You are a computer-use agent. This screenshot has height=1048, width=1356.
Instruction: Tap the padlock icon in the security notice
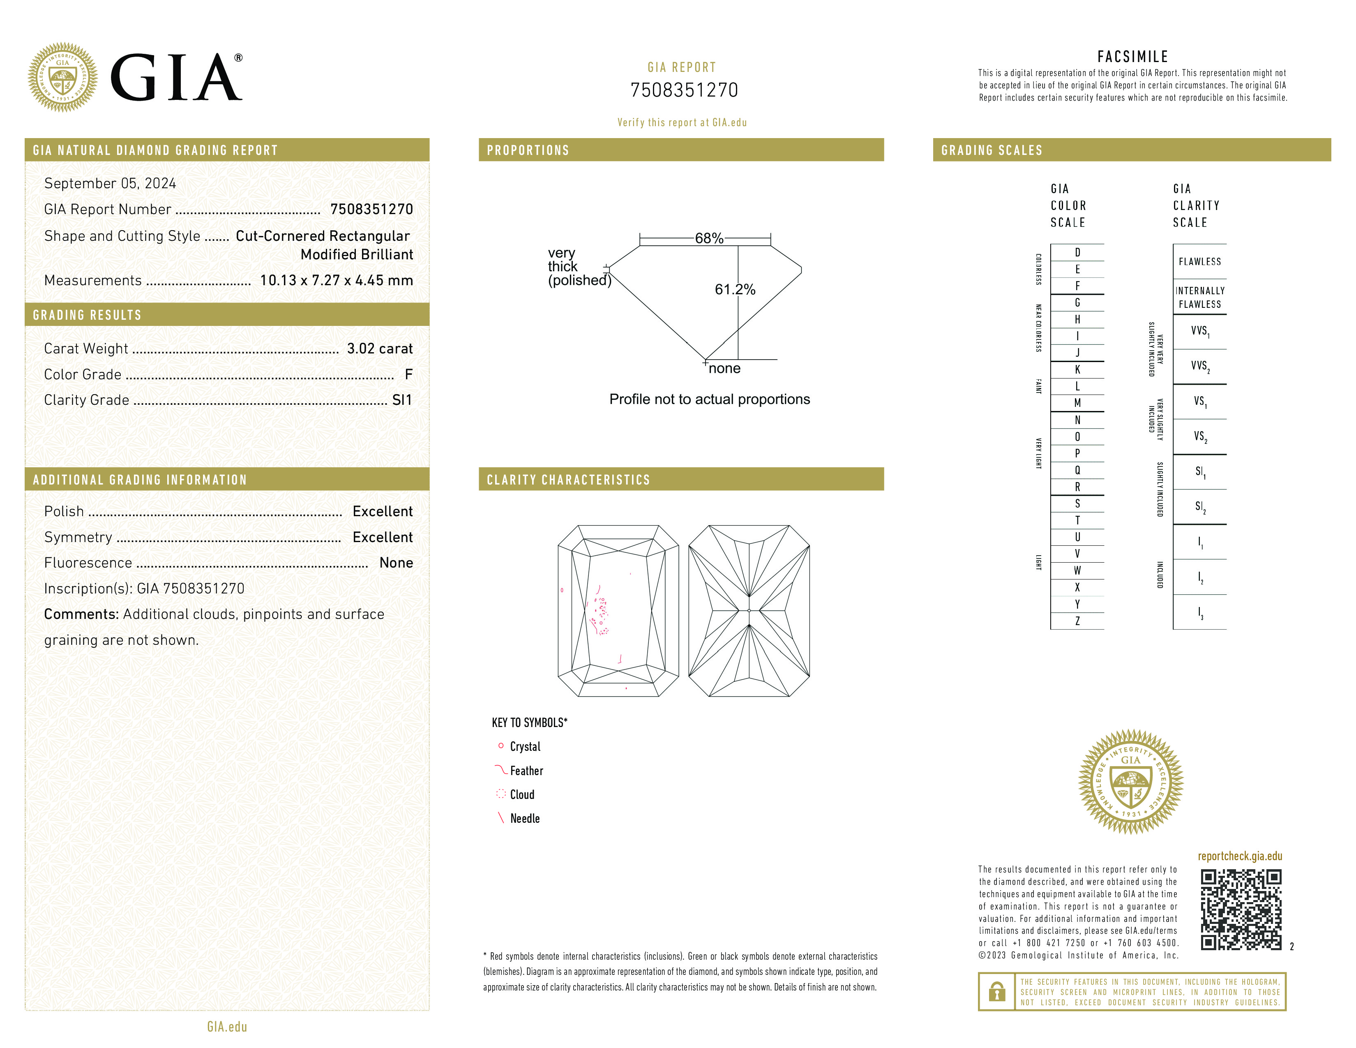[x=996, y=992]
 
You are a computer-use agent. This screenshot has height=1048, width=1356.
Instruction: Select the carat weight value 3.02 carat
[x=379, y=349]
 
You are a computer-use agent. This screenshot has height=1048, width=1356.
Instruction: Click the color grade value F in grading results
[x=408, y=374]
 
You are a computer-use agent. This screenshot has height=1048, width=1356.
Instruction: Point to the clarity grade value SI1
[x=402, y=400]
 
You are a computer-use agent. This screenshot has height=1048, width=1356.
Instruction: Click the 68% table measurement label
[x=708, y=238]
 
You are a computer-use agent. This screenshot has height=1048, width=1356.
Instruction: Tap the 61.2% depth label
[x=735, y=289]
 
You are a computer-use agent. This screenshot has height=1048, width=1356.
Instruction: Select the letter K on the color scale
[x=1077, y=369]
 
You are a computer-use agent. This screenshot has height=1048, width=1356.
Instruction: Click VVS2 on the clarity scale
[x=1199, y=366]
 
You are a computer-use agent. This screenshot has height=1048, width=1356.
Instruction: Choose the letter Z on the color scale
[x=1077, y=621]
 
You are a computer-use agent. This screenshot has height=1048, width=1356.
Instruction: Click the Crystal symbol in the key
[x=501, y=746]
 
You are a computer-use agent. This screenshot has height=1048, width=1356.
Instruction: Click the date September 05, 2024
[x=110, y=184]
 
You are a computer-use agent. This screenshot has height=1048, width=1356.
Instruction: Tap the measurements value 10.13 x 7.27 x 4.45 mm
[x=336, y=281]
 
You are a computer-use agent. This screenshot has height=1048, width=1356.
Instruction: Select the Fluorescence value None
[x=395, y=563]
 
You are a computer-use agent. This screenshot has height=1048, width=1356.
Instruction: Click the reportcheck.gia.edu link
[x=1239, y=856]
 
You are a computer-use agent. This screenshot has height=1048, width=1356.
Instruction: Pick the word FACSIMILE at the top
[x=1132, y=57]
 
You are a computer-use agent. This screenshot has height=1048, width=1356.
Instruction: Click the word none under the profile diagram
[x=724, y=369]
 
